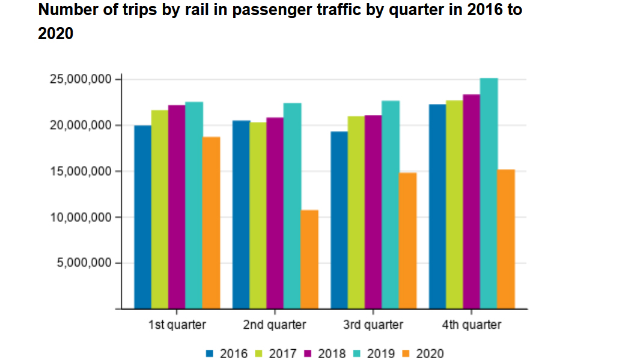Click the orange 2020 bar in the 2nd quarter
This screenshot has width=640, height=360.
coord(309,259)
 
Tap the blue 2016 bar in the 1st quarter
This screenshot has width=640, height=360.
coord(142,217)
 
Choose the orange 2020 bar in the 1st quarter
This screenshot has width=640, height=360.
coord(211,222)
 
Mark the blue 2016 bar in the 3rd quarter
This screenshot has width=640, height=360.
coord(339,220)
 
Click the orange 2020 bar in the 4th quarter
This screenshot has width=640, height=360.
coord(506,239)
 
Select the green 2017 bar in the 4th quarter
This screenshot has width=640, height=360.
coord(454,204)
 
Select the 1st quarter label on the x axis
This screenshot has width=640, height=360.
coord(177,325)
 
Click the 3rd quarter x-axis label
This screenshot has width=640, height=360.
coord(373,325)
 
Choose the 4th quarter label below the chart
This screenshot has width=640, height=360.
coord(472,325)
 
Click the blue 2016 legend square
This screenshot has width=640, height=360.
coord(210,353)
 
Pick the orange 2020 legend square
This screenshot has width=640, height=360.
coord(406,353)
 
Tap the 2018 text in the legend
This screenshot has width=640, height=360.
coord(332,353)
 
